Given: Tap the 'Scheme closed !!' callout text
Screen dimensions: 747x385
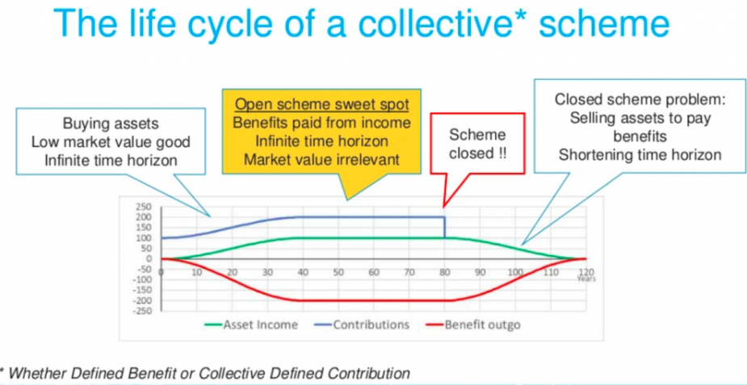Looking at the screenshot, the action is pyautogui.click(x=477, y=144).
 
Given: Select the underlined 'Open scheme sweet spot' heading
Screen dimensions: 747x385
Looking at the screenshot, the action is pyautogui.click(x=321, y=104).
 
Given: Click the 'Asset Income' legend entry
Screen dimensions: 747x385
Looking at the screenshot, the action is pyautogui.click(x=252, y=324).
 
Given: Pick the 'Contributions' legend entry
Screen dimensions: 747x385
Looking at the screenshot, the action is pyautogui.click(x=362, y=324).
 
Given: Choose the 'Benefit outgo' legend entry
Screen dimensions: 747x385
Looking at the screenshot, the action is pyautogui.click(x=473, y=325).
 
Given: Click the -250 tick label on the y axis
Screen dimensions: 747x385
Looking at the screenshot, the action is pyautogui.click(x=142, y=312).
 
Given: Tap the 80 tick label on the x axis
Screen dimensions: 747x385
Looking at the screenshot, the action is pyautogui.click(x=444, y=273).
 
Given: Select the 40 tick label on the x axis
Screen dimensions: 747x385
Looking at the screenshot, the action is pyautogui.click(x=303, y=273).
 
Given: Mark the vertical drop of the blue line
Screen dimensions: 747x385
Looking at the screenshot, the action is pyautogui.click(x=444, y=228).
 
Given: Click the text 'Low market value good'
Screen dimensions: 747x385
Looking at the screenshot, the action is pyautogui.click(x=111, y=142).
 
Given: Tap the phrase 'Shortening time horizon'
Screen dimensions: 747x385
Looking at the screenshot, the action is pyautogui.click(x=640, y=155).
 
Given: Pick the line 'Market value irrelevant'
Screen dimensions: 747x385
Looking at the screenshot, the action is pyautogui.click(x=321, y=158).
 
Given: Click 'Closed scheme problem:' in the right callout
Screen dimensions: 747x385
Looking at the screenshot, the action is pyautogui.click(x=640, y=100).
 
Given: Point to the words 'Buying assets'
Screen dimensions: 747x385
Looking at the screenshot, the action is pyautogui.click(x=111, y=124).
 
